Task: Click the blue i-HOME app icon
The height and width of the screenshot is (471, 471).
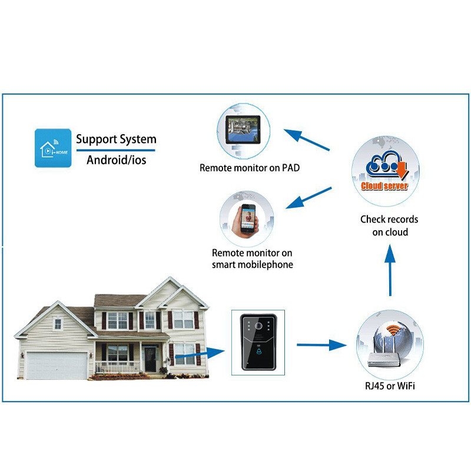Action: coord(53,148)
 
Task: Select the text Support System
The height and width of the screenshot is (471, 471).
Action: coord(116,140)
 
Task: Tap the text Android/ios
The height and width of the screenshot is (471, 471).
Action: coord(116,160)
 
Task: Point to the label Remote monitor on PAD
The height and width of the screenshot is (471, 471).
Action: coord(250,168)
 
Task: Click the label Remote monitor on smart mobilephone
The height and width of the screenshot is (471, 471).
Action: coord(253,259)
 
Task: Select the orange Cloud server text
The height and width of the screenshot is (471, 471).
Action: coord(384,186)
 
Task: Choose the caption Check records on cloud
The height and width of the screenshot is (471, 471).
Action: coord(389,225)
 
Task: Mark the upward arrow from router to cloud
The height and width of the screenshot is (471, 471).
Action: coord(389,270)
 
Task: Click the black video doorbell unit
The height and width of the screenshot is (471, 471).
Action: coord(258,341)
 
